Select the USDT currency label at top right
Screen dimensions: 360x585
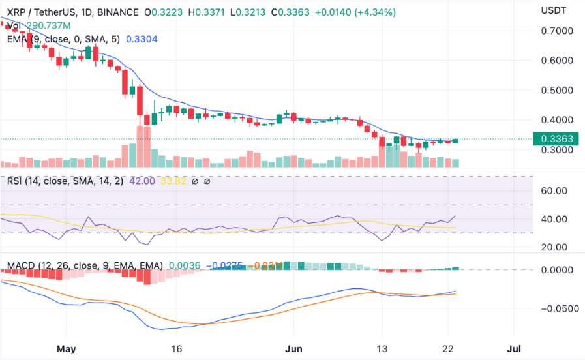click(x=554, y=10)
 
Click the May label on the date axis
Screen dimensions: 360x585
click(x=67, y=348)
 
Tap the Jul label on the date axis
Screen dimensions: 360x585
click(x=515, y=348)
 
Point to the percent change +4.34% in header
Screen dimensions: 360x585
click(x=377, y=12)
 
